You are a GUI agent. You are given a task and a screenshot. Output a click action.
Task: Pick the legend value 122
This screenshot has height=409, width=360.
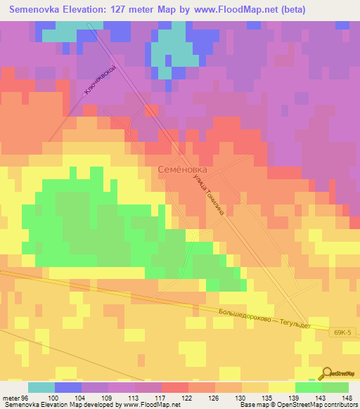[188, 397]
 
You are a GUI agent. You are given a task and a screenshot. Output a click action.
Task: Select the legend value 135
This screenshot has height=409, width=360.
[268, 397]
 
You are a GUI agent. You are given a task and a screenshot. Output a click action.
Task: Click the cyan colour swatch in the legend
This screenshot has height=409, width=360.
[41, 387]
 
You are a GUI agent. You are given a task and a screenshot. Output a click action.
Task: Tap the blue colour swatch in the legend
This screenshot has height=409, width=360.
[68, 387]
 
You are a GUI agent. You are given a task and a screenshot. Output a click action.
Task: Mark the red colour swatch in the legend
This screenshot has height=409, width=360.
[174, 387]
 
